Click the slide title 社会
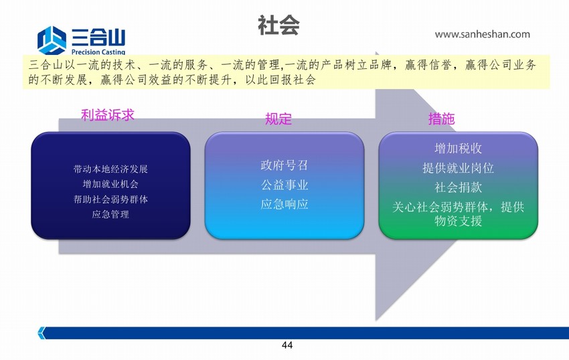tap(278, 25)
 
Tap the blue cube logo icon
tap(52, 40)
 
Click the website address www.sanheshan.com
tap(482, 35)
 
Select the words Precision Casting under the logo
tap(98, 52)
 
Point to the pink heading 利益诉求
tap(107, 115)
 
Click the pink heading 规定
tap(278, 118)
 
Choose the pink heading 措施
tap(442, 118)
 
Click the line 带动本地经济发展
tap(110, 169)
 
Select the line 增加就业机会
tap(110, 185)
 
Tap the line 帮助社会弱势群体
tap(110, 199)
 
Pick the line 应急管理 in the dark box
tap(110, 215)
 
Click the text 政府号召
tap(284, 165)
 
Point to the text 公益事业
tap(284, 185)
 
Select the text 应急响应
tap(284, 204)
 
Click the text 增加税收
tap(459, 148)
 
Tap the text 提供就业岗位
tap(459, 168)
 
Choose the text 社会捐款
tap(459, 187)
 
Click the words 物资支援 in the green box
tap(459, 221)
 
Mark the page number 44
tap(287, 345)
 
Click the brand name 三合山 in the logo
tap(98, 37)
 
